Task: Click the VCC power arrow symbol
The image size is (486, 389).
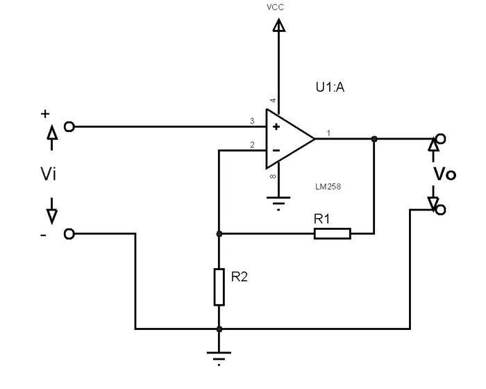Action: pyautogui.click(x=279, y=26)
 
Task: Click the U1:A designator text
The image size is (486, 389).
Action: pyautogui.click(x=330, y=88)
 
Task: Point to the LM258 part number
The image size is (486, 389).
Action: pyautogui.click(x=327, y=187)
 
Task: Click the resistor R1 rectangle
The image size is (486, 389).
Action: pyautogui.click(x=333, y=233)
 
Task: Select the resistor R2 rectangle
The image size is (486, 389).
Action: pyautogui.click(x=219, y=286)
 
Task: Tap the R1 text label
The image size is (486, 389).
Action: pyautogui.click(x=321, y=218)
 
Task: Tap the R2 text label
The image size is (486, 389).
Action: pyautogui.click(x=239, y=276)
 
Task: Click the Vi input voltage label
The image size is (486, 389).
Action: pyautogui.click(x=49, y=174)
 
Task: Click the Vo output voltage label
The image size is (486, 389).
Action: pyautogui.click(x=444, y=174)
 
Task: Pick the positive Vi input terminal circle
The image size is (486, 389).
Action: pyautogui.click(x=69, y=126)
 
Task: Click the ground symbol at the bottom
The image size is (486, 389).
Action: pyautogui.click(x=219, y=359)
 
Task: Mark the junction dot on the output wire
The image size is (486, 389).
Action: pyautogui.click(x=374, y=139)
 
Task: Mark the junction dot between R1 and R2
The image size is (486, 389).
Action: pyautogui.click(x=219, y=233)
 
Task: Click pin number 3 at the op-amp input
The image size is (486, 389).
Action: pyautogui.click(x=252, y=122)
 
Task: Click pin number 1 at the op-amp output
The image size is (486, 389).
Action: pyautogui.click(x=328, y=133)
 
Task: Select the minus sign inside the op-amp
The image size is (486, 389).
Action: pyautogui.click(x=276, y=149)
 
